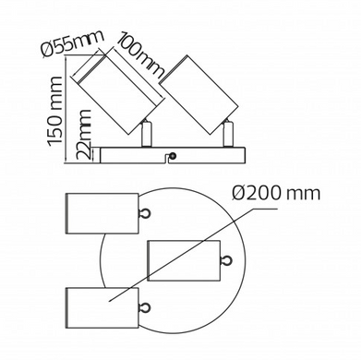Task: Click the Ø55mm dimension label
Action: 73,43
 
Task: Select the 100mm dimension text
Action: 141,57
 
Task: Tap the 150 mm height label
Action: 55,112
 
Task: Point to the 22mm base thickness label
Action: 84,135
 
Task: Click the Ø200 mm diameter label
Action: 276,194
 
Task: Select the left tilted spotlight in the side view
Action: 118,92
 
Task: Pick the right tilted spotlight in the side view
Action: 199,95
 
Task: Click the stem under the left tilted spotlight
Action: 146,134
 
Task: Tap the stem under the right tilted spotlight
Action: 228,134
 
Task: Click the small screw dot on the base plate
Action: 174,156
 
